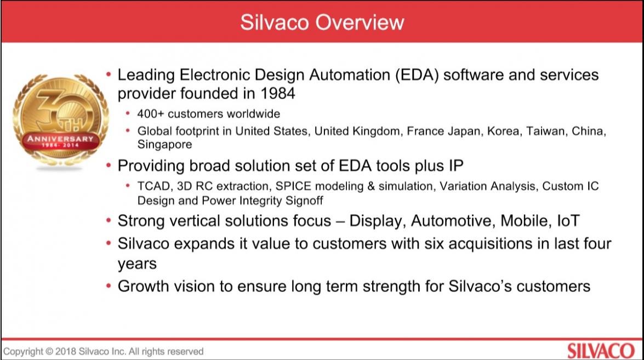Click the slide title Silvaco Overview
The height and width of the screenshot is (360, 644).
tap(322, 22)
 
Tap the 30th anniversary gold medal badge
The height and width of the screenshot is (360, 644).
tap(60, 121)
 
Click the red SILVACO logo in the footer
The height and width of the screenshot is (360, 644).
tap(601, 351)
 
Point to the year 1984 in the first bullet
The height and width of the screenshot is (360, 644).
tap(278, 93)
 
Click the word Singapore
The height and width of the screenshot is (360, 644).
tap(164, 145)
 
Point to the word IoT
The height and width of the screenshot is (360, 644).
tap(568, 221)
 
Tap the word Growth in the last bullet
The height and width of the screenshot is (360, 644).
tap(143, 286)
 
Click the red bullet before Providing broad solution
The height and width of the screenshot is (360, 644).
tap(109, 165)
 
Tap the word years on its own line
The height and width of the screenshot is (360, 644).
tap(137, 264)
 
